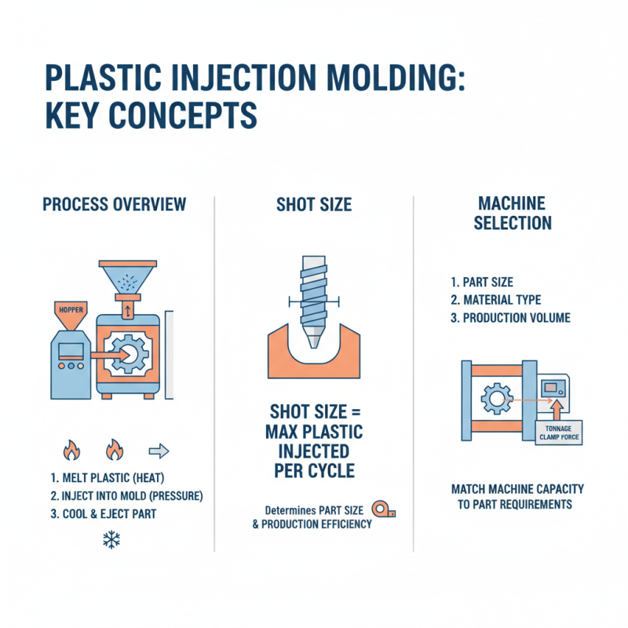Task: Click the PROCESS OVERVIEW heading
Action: click(115, 205)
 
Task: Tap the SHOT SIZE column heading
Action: click(314, 205)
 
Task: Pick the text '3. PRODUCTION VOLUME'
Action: click(511, 318)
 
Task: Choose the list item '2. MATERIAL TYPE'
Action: click(496, 299)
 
